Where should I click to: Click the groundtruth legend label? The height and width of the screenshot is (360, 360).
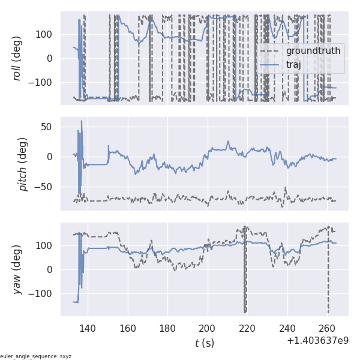click(x=313, y=51)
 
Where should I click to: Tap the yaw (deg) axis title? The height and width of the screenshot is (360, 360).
click(x=18, y=269)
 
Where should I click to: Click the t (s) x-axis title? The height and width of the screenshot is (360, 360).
click(x=204, y=343)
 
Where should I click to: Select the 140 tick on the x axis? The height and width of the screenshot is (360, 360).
click(x=88, y=328)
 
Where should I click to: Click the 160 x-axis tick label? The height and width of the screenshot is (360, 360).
click(x=127, y=328)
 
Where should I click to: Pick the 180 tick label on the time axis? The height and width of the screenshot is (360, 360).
click(x=167, y=328)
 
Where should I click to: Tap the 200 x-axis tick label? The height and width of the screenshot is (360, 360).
click(x=208, y=328)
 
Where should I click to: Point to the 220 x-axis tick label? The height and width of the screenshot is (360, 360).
click(x=247, y=328)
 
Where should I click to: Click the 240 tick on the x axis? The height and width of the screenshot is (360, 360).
click(x=287, y=328)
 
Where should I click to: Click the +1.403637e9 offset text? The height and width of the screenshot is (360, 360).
click(x=317, y=341)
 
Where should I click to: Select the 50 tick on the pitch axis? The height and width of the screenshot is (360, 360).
click(x=47, y=127)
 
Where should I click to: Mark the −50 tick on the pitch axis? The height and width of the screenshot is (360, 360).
click(x=44, y=187)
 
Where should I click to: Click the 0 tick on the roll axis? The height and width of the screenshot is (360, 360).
click(x=50, y=58)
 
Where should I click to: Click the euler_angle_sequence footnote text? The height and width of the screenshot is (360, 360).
click(x=36, y=356)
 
